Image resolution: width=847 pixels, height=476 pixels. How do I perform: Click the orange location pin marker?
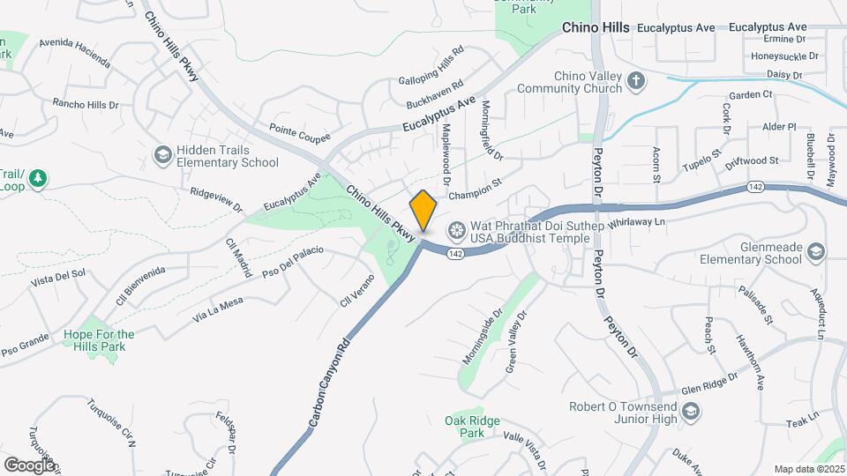(x=423, y=211)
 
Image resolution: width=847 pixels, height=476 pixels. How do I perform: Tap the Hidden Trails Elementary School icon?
(x=161, y=155)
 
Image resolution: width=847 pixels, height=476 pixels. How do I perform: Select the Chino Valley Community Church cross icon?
(x=635, y=82)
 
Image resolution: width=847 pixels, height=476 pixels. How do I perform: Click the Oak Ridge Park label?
(x=465, y=427)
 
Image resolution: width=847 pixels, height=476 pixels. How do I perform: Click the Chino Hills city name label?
(x=596, y=28)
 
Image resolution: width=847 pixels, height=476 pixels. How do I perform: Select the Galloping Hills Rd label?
(x=431, y=65)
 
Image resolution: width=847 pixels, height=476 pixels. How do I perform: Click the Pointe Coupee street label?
(x=300, y=131)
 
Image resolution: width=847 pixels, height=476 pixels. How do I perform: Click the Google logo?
(x=29, y=464)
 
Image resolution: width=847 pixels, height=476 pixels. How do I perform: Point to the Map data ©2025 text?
(x=809, y=469)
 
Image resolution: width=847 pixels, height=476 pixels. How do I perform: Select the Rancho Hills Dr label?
(x=85, y=104)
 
